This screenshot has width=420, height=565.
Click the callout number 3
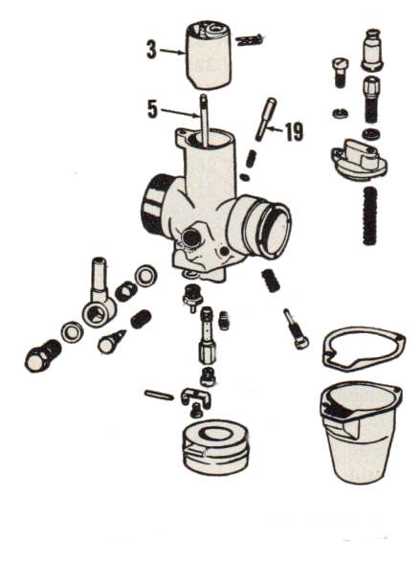tap(152, 50)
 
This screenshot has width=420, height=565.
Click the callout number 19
tap(294, 132)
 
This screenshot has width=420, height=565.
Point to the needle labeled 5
tap(205, 119)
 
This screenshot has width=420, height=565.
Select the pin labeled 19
tap(266, 120)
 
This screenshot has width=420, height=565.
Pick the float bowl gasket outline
tap(365, 348)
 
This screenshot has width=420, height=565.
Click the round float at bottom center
tap(215, 446)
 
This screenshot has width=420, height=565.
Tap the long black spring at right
tap(370, 215)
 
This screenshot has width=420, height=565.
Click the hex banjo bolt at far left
tap(42, 356)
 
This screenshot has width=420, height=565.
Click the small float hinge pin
tap(159, 395)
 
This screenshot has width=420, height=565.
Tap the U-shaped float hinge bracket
tap(196, 397)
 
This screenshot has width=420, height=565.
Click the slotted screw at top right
tap(340, 73)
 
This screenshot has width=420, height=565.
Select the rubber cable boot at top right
tap(372, 50)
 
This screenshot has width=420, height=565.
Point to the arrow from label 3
tap(172, 52)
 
